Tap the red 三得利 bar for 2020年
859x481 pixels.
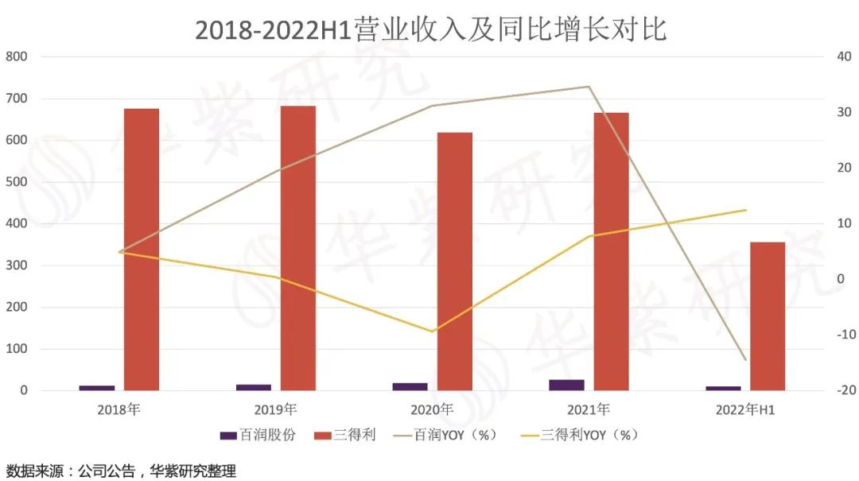tap(455, 262)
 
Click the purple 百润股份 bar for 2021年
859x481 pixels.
tap(566, 385)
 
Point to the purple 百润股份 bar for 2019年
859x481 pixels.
tap(254, 387)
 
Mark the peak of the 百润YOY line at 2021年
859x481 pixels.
tap(589, 87)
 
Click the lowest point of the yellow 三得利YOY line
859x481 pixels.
tap(433, 332)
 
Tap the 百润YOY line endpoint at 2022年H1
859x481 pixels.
tap(745, 360)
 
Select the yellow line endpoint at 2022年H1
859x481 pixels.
tap(745, 210)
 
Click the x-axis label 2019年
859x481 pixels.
tap(275, 410)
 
